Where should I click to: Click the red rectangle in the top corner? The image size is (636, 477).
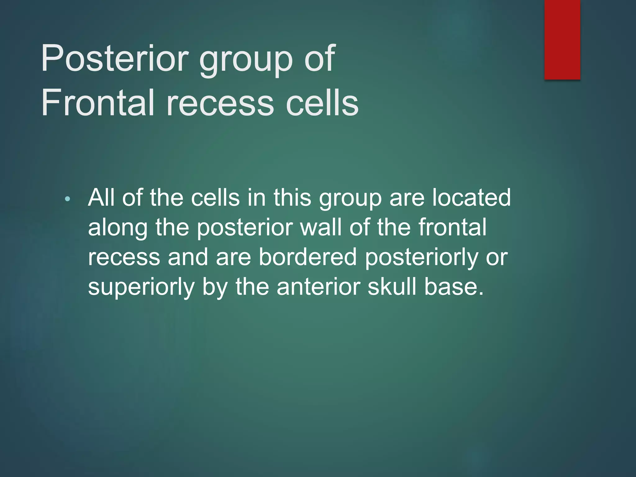(562, 40)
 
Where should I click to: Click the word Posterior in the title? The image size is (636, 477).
(115, 58)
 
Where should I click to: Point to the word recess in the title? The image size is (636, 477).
(220, 102)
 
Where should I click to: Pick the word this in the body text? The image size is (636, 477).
(292, 198)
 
